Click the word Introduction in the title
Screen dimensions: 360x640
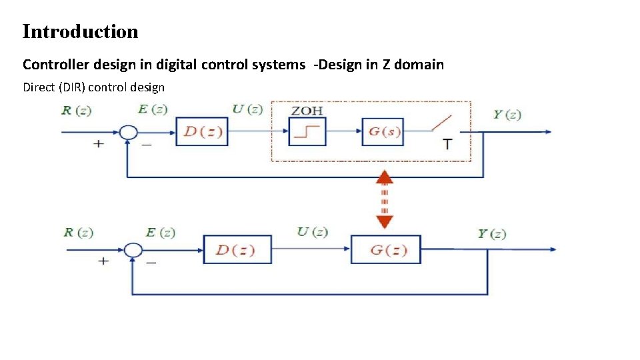pyautogui.click(x=80, y=31)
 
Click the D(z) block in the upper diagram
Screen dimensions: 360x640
pyautogui.click(x=202, y=131)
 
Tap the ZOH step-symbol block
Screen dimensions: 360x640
pyautogui.click(x=307, y=131)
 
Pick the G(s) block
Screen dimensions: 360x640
pyautogui.click(x=383, y=131)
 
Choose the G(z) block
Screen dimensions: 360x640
pyautogui.click(x=386, y=250)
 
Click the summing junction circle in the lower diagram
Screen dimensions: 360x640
pyautogui.click(x=134, y=250)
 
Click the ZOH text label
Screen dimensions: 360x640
pyautogui.click(x=307, y=110)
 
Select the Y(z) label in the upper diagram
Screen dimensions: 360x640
pyautogui.click(x=507, y=115)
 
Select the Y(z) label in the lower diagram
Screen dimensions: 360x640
pyautogui.click(x=492, y=234)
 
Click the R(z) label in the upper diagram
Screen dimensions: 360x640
pyautogui.click(x=76, y=111)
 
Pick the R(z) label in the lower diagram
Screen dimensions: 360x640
pyautogui.click(x=79, y=233)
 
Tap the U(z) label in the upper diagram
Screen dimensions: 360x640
pyautogui.click(x=247, y=109)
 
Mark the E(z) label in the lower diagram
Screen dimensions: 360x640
pyautogui.click(x=160, y=233)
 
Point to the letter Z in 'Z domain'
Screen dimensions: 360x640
pyautogui.click(x=387, y=65)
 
